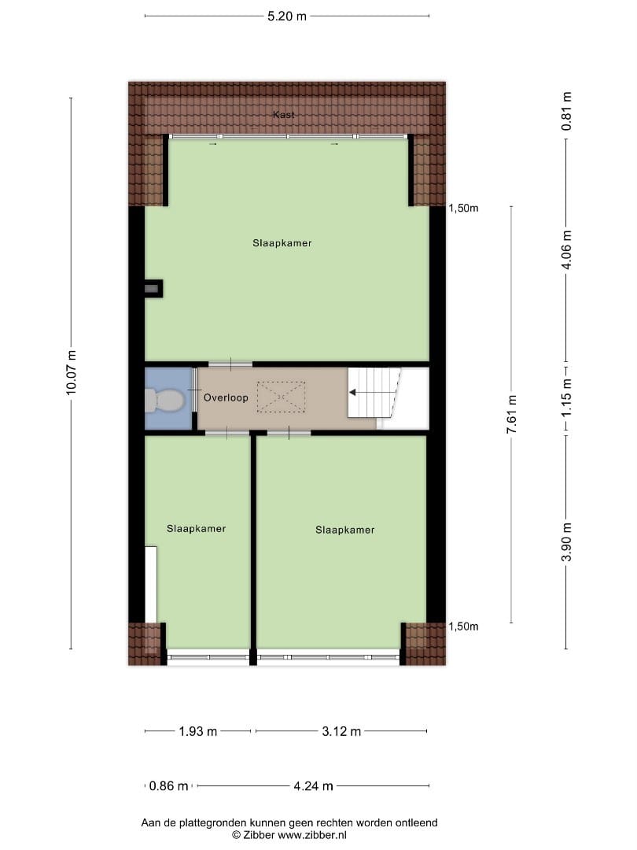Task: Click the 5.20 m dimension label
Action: click(x=287, y=17)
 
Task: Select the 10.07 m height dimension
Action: click(x=72, y=373)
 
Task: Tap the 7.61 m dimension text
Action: click(x=512, y=414)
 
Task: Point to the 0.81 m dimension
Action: click(x=566, y=111)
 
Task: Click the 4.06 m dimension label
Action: click(x=566, y=249)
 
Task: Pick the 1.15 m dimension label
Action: click(x=566, y=398)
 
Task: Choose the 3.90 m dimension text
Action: click(x=566, y=542)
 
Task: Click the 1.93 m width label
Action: click(x=198, y=731)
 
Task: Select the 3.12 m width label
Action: click(x=341, y=731)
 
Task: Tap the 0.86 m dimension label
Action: click(x=168, y=785)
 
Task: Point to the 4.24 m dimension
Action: click(x=314, y=785)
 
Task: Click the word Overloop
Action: click(x=226, y=398)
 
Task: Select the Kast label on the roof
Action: click(x=284, y=114)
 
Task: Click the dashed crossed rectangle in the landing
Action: click(x=281, y=397)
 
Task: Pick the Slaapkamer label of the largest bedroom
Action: click(x=282, y=243)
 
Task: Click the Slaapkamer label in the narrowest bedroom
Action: click(x=196, y=529)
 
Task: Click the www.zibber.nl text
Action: click(x=312, y=835)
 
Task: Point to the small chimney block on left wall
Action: click(x=153, y=288)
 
